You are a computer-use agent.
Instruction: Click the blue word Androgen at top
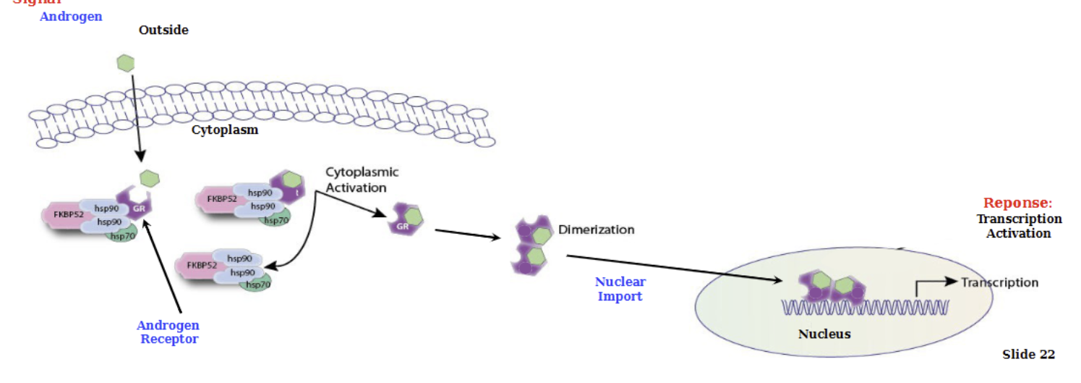71,16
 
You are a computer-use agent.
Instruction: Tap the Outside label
163,30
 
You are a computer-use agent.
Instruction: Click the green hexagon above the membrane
126,63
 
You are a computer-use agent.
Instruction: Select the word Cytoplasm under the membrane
224,130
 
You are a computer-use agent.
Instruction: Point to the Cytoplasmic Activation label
361,180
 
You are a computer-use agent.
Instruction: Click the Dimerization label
596,230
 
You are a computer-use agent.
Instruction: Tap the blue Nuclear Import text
620,289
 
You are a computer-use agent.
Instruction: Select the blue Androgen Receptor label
168,332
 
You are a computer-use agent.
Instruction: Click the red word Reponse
1015,203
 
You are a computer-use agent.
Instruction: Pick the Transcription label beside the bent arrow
999,282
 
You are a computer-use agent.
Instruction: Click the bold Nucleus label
824,334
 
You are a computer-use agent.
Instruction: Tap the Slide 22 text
1027,354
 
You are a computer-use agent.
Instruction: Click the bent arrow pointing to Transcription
933,284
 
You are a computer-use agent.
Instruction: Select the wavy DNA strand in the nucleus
864,308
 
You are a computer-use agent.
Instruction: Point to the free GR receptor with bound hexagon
407,218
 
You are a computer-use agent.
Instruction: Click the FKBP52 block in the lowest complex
202,265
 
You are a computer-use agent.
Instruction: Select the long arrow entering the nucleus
672,268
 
